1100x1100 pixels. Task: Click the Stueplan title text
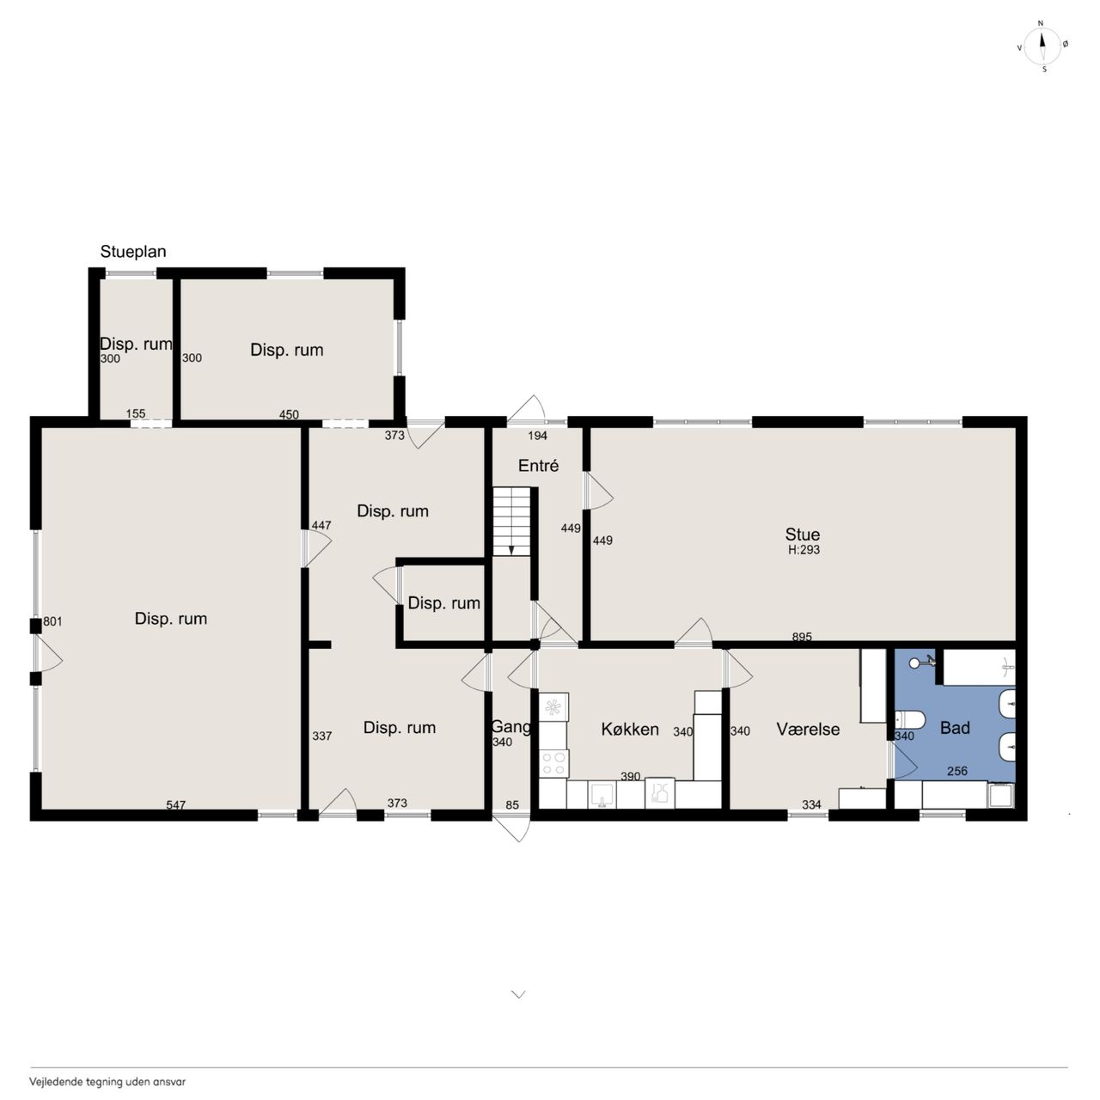click(x=133, y=252)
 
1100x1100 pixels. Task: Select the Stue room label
click(x=802, y=535)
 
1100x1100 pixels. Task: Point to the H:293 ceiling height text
click(x=804, y=550)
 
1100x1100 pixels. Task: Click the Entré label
click(x=538, y=466)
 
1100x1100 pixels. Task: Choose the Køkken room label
click(x=630, y=729)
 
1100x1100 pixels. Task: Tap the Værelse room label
click(x=808, y=729)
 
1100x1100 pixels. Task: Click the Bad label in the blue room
click(x=955, y=728)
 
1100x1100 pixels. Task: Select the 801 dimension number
click(x=52, y=621)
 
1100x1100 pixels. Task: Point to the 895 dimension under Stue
click(x=802, y=637)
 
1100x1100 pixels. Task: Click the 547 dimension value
click(x=176, y=805)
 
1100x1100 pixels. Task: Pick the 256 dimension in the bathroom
click(x=956, y=771)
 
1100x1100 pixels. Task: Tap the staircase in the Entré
click(x=512, y=521)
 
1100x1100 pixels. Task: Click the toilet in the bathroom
click(x=909, y=720)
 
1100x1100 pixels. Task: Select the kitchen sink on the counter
click(x=602, y=795)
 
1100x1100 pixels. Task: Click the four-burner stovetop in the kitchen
click(x=553, y=763)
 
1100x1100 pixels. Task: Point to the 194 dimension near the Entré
click(x=537, y=436)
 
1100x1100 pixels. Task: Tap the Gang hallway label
click(x=510, y=726)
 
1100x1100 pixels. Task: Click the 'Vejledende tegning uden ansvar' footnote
click(x=107, y=1081)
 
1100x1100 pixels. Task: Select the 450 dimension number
click(x=289, y=414)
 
